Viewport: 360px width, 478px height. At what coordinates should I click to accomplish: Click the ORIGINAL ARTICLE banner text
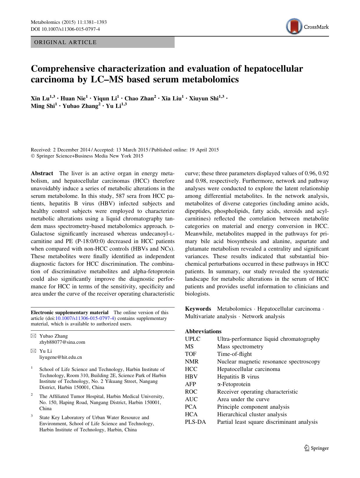click(x=65, y=42)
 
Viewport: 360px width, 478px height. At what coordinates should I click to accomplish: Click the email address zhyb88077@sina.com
click(x=62, y=342)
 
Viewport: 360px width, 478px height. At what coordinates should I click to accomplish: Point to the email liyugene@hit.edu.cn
click(x=60, y=357)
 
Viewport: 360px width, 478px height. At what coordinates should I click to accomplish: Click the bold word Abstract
click(x=42, y=173)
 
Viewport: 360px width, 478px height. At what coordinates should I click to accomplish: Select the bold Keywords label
click(x=198, y=309)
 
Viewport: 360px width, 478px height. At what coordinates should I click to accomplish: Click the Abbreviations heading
click(x=203, y=331)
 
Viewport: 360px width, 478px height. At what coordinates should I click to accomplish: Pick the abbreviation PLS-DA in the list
click(x=195, y=422)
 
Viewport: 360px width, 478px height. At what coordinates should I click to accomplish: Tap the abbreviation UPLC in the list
click(x=193, y=339)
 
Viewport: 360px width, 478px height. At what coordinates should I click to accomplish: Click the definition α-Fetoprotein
click(x=234, y=384)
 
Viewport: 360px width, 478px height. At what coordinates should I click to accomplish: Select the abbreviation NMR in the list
click(x=192, y=362)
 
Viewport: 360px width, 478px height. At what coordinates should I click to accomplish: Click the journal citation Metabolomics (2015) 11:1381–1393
click(x=69, y=22)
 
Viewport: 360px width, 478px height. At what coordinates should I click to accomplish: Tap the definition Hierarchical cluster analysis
click(x=252, y=414)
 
